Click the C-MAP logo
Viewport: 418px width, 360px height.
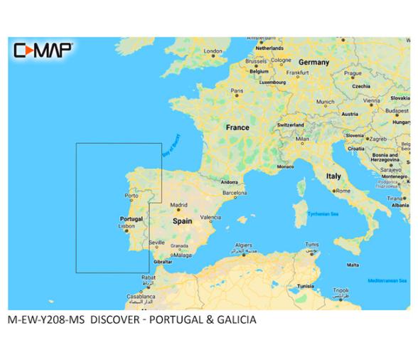pos(42,49)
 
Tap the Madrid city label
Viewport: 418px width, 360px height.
pos(178,205)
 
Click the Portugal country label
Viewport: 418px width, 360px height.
pos(131,218)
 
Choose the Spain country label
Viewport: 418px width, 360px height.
pos(183,221)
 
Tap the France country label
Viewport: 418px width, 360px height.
pos(237,127)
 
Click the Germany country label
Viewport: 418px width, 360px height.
pos(313,62)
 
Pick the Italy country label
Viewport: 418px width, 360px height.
pos(333,176)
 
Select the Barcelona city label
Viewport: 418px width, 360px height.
pos(235,192)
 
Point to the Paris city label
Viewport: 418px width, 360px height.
pos(237,91)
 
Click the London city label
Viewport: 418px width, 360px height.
pos(213,51)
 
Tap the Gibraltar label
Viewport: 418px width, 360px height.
pos(164,261)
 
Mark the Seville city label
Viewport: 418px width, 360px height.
pos(157,243)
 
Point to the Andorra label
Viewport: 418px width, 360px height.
pos(230,181)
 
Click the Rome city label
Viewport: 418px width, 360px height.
pos(343,191)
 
